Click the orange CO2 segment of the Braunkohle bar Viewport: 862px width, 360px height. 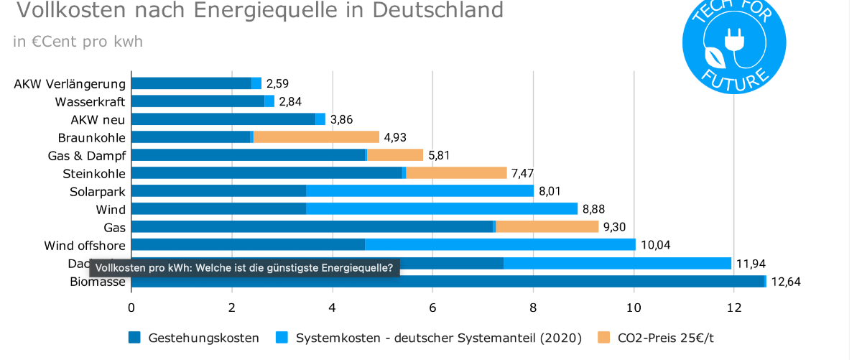[x=316, y=137]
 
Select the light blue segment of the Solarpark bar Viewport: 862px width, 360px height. [x=420, y=191]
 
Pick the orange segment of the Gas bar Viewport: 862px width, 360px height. [x=547, y=227]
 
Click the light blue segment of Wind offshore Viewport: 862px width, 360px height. [x=500, y=245]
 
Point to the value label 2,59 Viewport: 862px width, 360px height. [x=277, y=84]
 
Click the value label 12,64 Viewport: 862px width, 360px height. [x=785, y=282]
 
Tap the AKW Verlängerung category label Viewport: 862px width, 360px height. [x=70, y=84]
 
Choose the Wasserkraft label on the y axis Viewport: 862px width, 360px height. [x=90, y=102]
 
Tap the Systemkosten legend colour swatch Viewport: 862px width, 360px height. [x=281, y=338]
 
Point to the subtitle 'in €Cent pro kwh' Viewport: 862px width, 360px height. [x=78, y=42]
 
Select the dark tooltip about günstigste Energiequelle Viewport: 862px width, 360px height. [x=244, y=268]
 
